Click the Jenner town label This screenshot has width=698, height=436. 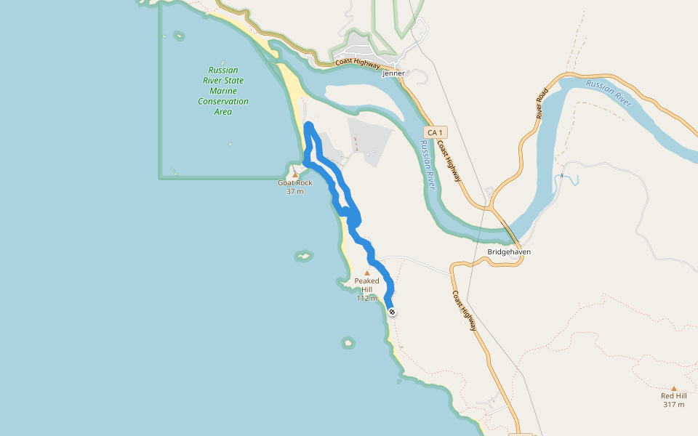(x=393, y=73)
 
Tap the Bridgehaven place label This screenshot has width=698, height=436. (x=508, y=252)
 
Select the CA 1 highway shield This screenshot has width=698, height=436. (x=435, y=132)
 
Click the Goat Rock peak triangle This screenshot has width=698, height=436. (x=295, y=174)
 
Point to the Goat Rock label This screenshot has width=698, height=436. (x=295, y=183)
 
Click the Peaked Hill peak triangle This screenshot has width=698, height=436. (x=366, y=273)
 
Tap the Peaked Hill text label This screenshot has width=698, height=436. (x=366, y=285)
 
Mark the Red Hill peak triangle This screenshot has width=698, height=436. (x=673, y=389)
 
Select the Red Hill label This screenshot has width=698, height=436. (x=673, y=396)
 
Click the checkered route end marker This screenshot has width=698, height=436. (x=393, y=312)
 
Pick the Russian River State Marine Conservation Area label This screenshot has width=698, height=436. (x=223, y=91)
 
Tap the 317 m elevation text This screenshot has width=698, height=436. (x=673, y=405)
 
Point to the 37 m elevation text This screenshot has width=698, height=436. (x=295, y=192)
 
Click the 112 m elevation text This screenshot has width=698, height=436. (x=366, y=298)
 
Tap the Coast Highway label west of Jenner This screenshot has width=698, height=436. (x=358, y=64)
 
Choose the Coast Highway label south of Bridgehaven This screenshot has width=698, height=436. (x=465, y=311)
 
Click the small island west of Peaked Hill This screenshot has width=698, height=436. (x=303, y=256)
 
